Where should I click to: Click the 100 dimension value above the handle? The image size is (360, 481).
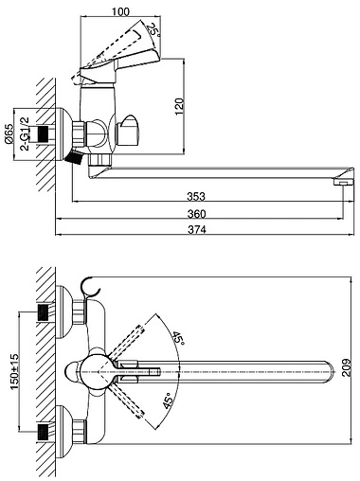[120, 11]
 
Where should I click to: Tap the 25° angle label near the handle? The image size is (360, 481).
[153, 30]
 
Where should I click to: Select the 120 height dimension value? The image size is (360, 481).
[179, 107]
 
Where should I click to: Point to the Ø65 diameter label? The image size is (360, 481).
[9, 134]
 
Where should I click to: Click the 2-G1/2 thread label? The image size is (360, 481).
[25, 134]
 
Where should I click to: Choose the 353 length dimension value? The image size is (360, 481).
[196, 196]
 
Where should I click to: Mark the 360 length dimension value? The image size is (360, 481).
[196, 214]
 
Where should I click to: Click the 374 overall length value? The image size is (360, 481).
[197, 229]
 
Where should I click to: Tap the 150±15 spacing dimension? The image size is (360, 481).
[15, 371]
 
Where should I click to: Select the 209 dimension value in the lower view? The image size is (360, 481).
[347, 367]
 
